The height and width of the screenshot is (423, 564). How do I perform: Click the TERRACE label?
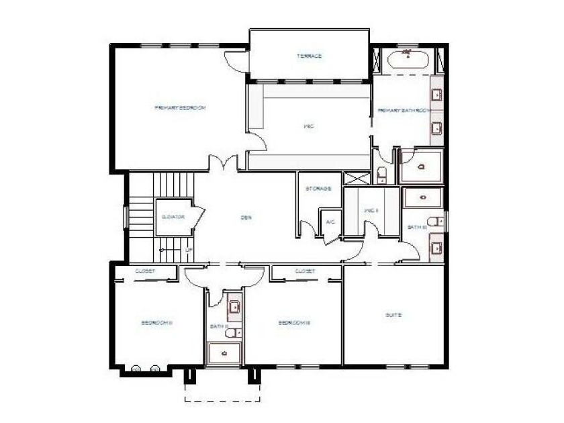[309, 56]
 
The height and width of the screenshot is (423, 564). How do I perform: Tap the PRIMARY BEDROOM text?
[179, 107]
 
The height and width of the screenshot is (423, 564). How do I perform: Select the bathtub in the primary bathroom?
[408, 59]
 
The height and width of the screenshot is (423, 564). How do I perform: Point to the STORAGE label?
[318, 189]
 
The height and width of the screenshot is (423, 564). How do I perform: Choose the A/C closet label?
[330, 222]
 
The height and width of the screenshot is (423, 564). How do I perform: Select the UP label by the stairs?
[189, 250]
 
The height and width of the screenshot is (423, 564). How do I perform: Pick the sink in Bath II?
[234, 307]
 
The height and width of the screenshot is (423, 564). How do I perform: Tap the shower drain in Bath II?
[224, 352]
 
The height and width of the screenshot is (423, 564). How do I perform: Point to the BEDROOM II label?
[157, 322]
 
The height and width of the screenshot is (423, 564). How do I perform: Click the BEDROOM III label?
[293, 322]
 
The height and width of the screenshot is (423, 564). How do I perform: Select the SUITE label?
[393, 314]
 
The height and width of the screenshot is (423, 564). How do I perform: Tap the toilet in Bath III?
[434, 221]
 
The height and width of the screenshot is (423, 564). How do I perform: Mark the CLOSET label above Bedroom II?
[146, 271]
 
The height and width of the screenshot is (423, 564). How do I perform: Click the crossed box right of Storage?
[357, 179]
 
